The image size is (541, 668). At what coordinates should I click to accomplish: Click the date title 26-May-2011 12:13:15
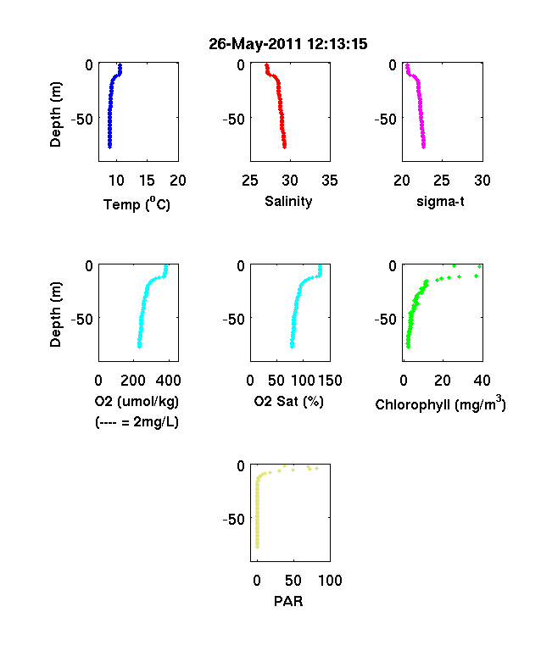point(288,44)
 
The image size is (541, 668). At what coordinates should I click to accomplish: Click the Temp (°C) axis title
point(137,204)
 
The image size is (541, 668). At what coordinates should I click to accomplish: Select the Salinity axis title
point(288,202)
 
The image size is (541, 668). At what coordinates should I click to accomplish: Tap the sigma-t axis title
point(440,202)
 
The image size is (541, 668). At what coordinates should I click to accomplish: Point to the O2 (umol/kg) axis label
point(137,401)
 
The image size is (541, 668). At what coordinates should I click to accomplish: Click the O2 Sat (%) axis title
point(289,401)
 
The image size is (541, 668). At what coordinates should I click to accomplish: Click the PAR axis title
point(288,601)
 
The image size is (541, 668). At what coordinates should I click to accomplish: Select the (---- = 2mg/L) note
point(137,422)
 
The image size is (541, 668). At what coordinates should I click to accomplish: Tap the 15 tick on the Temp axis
point(147,181)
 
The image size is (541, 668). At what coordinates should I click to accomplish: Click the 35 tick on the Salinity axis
point(330,181)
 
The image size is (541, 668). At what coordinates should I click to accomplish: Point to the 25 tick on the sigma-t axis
point(442,181)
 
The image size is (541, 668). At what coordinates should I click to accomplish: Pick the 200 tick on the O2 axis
point(133,381)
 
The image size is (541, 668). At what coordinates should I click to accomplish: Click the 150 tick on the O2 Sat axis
point(330,381)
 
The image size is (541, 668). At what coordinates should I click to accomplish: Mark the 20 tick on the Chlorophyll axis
point(443,381)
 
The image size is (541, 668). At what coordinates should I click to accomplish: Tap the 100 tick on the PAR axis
point(330,581)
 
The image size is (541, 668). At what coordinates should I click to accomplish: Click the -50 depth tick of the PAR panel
point(234,520)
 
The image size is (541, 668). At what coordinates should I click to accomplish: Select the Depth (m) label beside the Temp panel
point(55,114)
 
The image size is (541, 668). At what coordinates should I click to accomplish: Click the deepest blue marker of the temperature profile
point(109,147)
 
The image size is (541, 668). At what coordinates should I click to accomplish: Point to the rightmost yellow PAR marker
point(316,468)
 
